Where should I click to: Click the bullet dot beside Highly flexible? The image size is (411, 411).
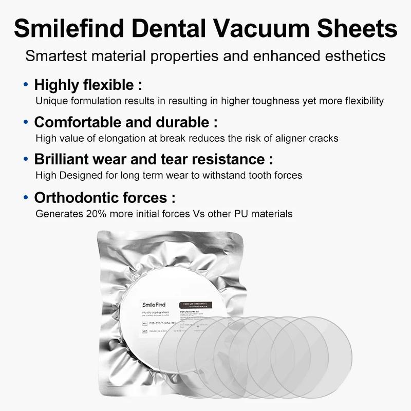tap(26, 84)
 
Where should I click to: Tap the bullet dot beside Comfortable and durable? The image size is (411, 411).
tap(26, 122)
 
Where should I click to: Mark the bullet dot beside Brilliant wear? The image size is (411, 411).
tap(26, 159)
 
